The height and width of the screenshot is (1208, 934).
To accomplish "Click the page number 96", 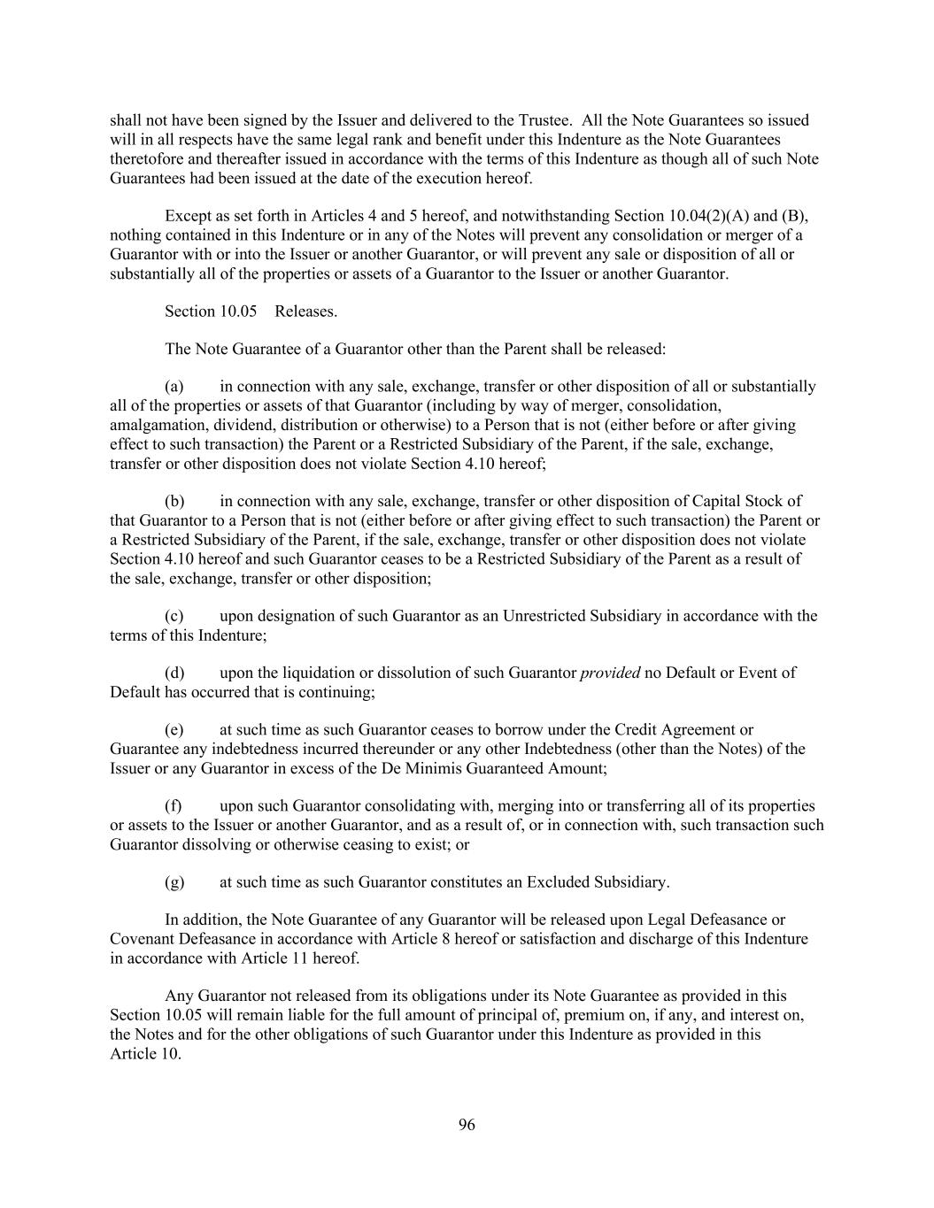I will (x=467, y=1125).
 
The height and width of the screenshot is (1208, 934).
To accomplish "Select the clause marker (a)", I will (x=174, y=386).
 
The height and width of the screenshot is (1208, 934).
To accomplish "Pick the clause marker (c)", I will (x=174, y=615).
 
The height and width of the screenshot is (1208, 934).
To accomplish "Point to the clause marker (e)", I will (x=174, y=729).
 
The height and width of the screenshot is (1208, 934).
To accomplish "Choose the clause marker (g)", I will (x=174, y=881).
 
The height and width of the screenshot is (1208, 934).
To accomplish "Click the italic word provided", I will (x=610, y=673).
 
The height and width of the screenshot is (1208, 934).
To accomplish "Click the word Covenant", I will (x=142, y=938).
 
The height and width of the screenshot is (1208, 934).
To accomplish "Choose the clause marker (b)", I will (x=174, y=501).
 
